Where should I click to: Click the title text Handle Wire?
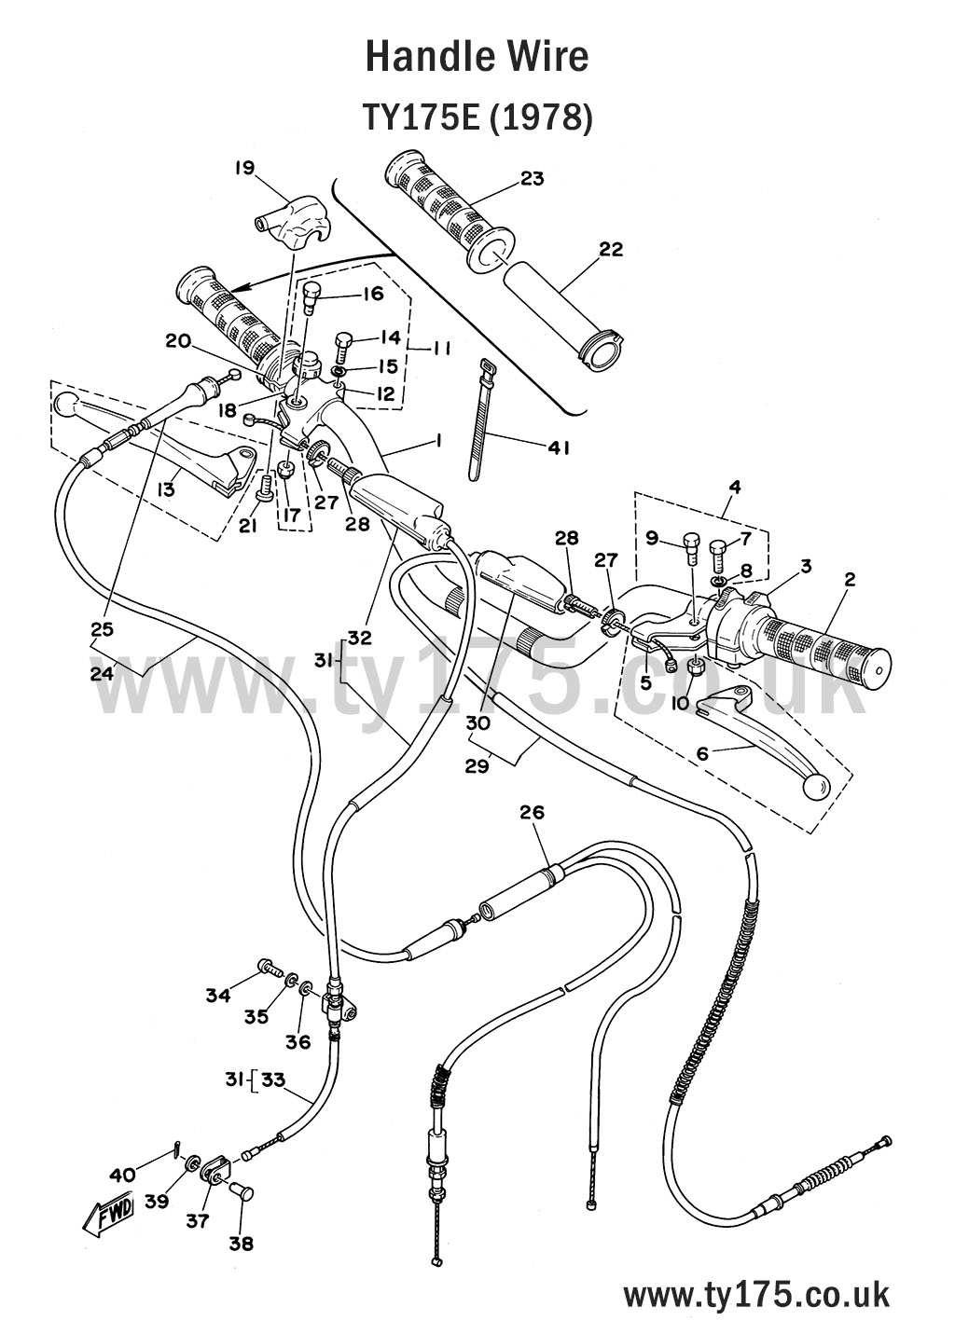point(477,57)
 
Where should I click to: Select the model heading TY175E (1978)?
point(477,118)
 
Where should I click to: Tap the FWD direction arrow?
point(108,1212)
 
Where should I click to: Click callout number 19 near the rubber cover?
point(244,168)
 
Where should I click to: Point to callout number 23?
point(533,178)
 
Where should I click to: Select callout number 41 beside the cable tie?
point(558,447)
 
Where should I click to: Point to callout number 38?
point(240,1243)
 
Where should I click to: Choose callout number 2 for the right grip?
point(849,579)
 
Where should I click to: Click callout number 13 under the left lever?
point(166,488)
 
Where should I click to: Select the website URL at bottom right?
point(755,1295)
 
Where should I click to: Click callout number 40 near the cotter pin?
point(123,1174)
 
